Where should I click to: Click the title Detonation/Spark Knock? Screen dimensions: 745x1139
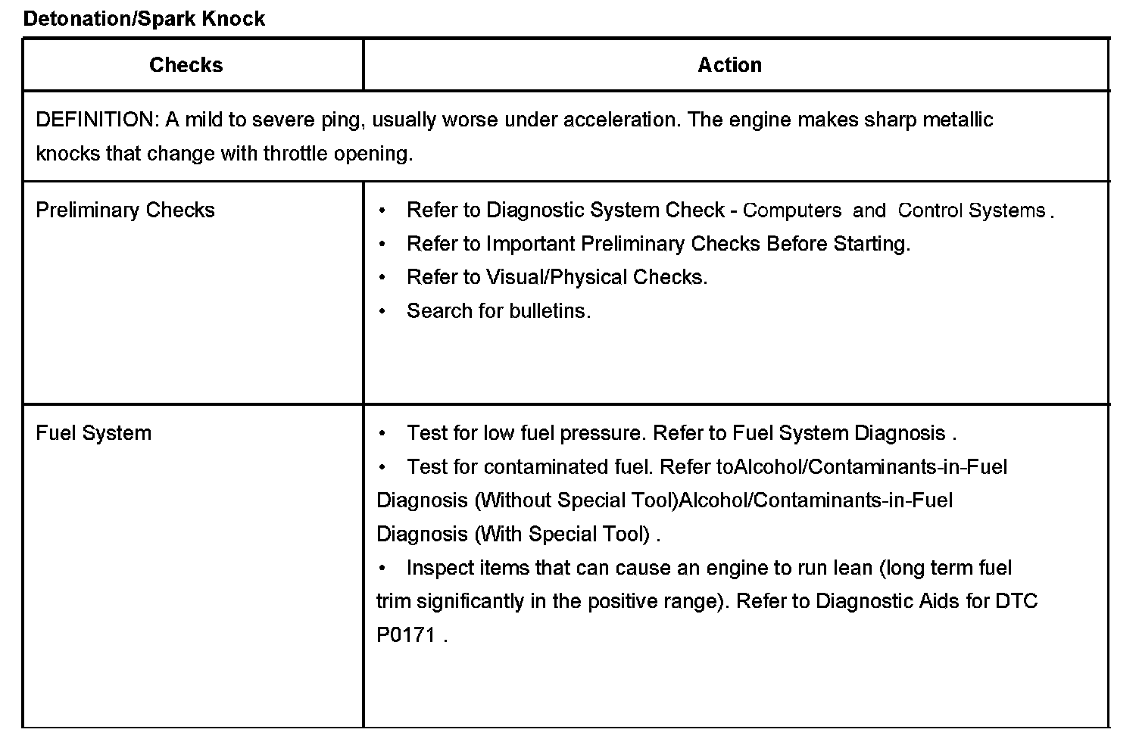click(144, 19)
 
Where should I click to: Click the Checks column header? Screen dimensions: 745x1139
click(186, 65)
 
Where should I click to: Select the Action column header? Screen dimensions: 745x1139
click(729, 65)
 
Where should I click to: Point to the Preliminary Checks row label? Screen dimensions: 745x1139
click(125, 210)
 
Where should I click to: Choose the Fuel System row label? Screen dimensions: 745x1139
click(93, 433)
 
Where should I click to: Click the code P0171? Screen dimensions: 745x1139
click(406, 634)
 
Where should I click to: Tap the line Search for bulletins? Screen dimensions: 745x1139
click(498, 310)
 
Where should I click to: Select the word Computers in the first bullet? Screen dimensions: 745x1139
click(792, 210)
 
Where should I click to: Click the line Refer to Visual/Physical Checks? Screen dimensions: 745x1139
click(557, 277)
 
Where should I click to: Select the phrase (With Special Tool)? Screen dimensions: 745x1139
click(563, 534)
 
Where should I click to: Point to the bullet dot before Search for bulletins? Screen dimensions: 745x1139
click(383, 311)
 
